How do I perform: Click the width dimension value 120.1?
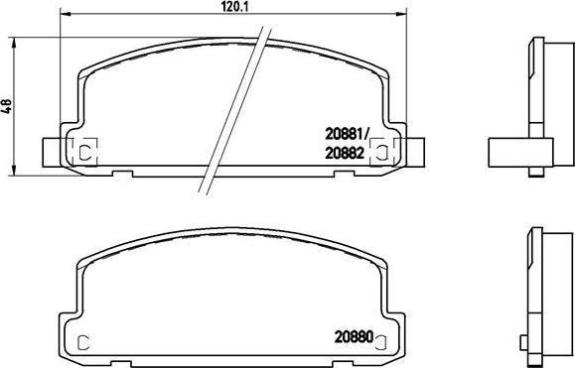pos(233,6)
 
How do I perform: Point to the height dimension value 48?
pos(8,106)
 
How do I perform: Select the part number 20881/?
pos(347,135)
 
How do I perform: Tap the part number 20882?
pos(345,154)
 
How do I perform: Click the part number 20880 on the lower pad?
pos(354,337)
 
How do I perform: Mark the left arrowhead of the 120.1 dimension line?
pos(65,14)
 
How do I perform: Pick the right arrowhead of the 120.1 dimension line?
pos(402,14)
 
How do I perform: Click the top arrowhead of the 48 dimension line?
pos(14,42)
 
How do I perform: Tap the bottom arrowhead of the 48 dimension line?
pos(14,171)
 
